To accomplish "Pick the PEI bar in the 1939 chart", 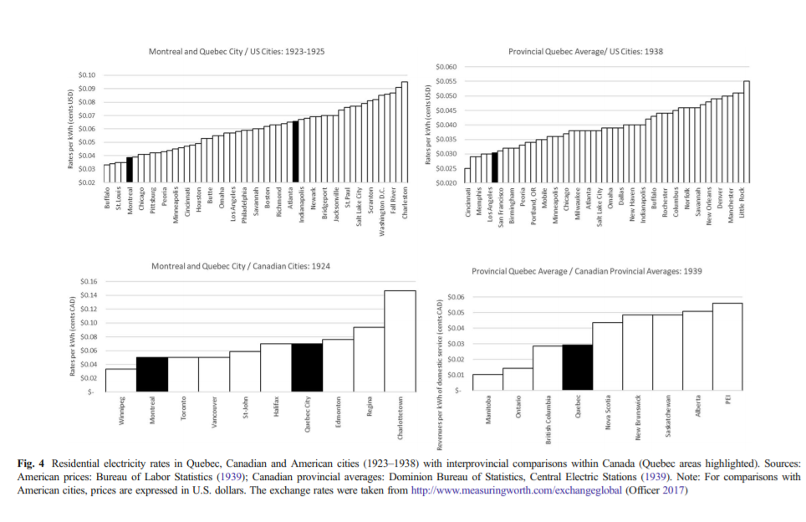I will point(727,346).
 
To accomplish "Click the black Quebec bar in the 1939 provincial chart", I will point(577,368).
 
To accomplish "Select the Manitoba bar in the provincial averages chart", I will point(487,382).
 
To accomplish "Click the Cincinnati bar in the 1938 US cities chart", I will point(467,176).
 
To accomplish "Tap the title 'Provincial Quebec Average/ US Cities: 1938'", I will point(585,52).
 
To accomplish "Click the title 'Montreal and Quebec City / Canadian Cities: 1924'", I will point(241,266).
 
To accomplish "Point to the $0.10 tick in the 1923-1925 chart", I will point(87,75).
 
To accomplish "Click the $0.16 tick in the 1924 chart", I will point(87,282).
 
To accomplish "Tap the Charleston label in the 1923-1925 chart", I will point(406,204).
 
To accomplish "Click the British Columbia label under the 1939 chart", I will point(548,418).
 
